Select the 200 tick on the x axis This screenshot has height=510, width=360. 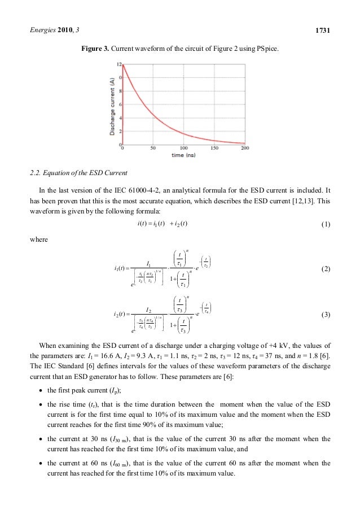pos(244,149)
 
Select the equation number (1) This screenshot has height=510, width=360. pos(324,224)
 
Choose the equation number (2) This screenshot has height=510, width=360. pos(324,269)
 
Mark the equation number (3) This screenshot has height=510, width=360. pos(324,313)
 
